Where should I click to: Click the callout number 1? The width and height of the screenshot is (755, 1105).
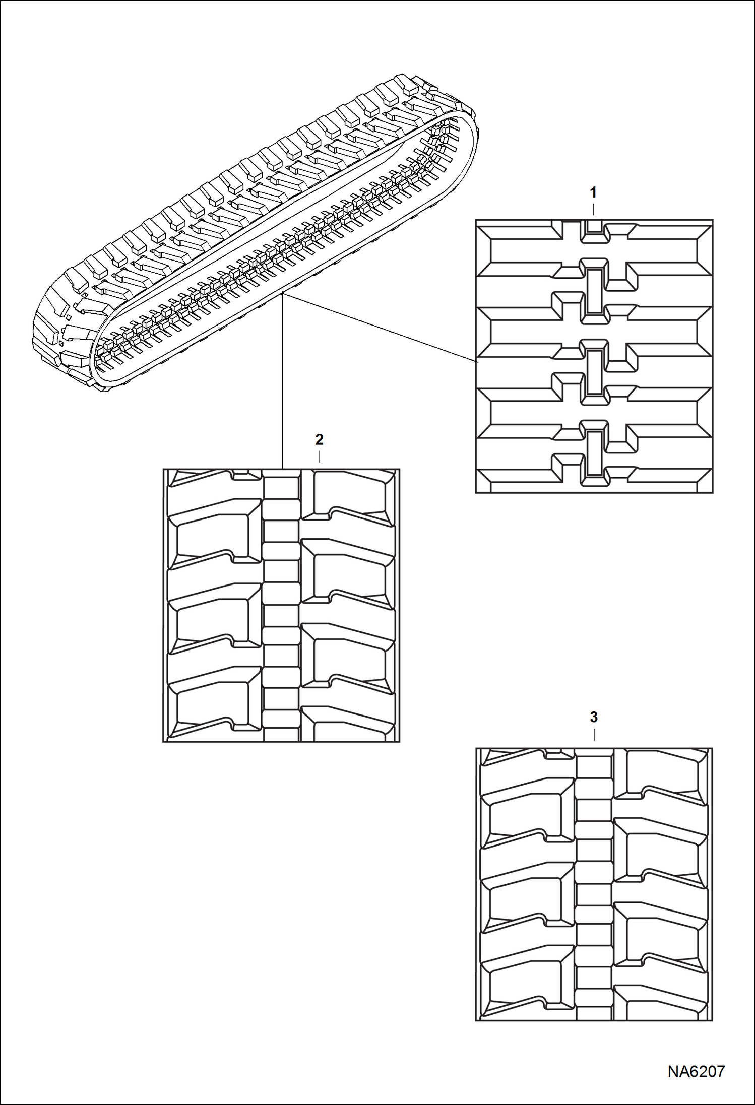[593, 192]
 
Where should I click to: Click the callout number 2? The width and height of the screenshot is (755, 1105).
[319, 439]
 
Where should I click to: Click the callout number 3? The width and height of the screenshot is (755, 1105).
[594, 717]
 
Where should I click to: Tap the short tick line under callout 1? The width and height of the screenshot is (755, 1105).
[594, 209]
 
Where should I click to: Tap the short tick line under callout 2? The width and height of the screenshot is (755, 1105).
[320, 457]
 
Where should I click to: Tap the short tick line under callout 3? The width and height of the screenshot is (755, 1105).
[594, 735]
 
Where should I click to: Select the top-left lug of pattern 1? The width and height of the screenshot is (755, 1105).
[519, 244]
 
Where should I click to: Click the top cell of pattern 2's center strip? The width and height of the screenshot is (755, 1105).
[281, 487]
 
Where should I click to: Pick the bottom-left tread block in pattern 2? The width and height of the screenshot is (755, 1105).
[212, 705]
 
